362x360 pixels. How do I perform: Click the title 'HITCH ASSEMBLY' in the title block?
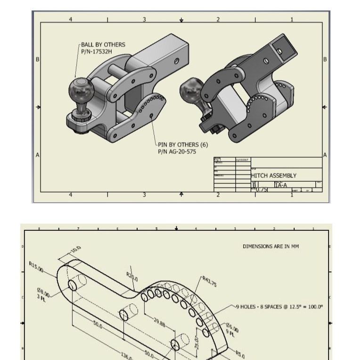(x=274, y=176)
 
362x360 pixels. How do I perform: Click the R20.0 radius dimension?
(x=132, y=277)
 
